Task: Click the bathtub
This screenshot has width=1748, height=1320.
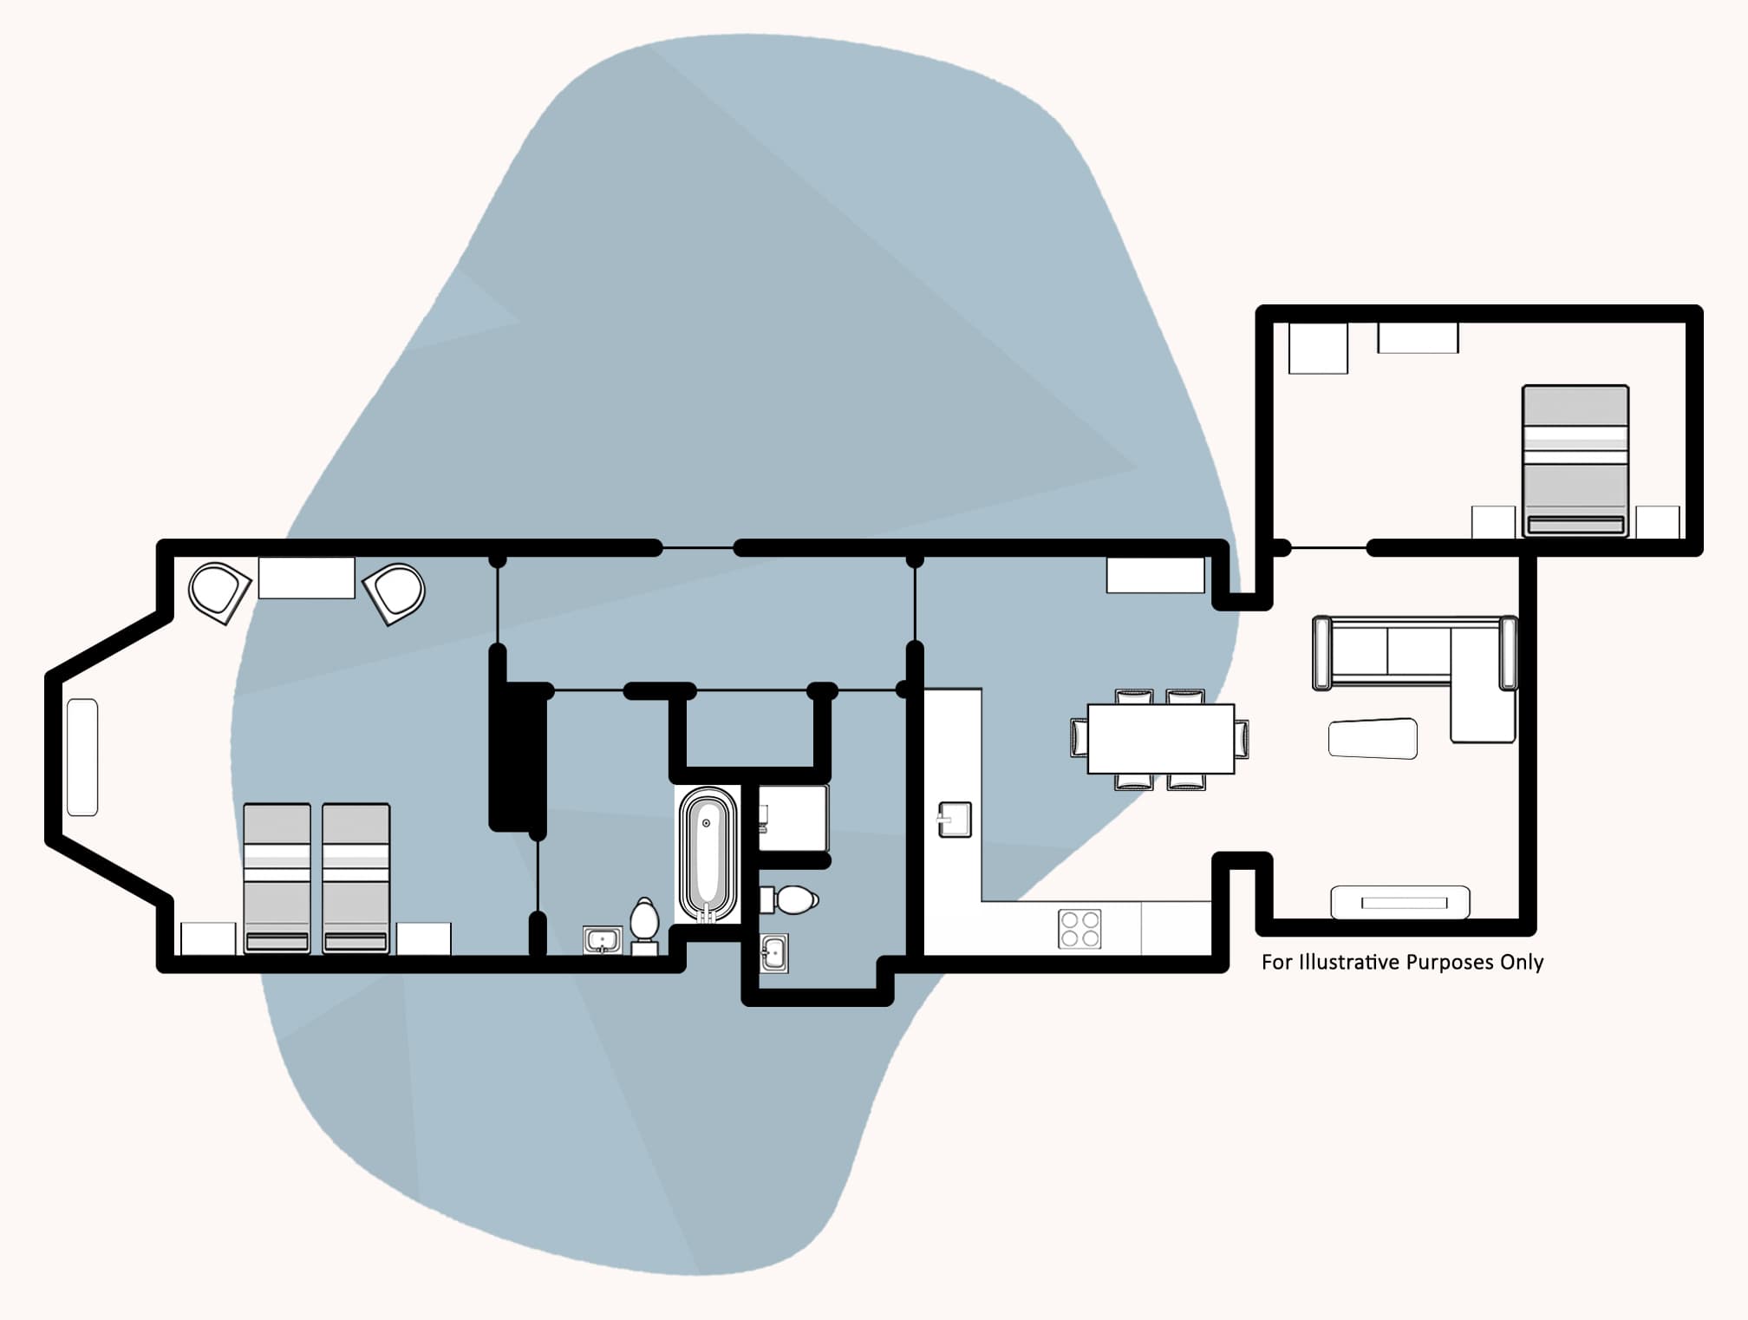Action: click(x=708, y=854)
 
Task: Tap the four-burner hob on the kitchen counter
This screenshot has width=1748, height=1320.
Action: click(x=1079, y=928)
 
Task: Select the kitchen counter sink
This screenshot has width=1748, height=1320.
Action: click(x=955, y=820)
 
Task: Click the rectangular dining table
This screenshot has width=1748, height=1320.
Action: click(x=1160, y=738)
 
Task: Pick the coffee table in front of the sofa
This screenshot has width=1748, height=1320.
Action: click(x=1373, y=739)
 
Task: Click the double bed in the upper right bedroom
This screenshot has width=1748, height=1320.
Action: click(x=1575, y=460)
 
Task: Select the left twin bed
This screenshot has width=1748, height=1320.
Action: click(x=277, y=878)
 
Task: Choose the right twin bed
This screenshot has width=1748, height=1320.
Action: click(x=355, y=878)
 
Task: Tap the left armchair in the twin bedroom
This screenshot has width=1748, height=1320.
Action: click(x=218, y=592)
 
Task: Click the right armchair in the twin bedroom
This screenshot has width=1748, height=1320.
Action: click(x=395, y=593)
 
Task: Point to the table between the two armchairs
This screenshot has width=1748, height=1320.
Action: click(x=306, y=578)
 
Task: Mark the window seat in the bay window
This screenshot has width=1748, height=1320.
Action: click(x=82, y=756)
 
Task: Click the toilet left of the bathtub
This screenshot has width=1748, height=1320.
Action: click(x=644, y=925)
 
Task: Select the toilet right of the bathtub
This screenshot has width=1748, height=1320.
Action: click(x=790, y=899)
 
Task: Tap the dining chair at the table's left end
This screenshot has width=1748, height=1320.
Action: click(x=1079, y=738)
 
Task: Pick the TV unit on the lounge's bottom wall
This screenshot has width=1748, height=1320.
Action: click(x=1399, y=902)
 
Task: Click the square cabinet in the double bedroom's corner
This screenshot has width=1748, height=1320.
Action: click(x=1318, y=348)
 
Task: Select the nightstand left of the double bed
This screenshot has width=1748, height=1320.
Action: click(x=1493, y=522)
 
